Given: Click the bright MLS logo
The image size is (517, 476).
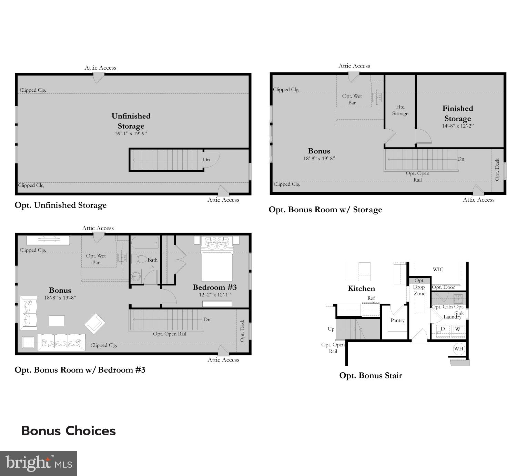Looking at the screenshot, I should [38, 463].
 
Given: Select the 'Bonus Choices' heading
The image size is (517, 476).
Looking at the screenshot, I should [68, 431].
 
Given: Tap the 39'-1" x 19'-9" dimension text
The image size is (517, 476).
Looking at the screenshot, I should [131, 133].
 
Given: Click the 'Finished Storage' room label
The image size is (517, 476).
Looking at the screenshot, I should [457, 113].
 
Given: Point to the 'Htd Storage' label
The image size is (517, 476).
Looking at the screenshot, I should [400, 110].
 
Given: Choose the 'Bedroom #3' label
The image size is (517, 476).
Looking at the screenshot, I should [214, 287].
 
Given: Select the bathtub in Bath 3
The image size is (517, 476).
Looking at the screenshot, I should [145, 243].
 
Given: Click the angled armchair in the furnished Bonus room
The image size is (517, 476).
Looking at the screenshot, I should [95, 323].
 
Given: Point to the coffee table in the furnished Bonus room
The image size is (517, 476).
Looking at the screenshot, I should [57, 321].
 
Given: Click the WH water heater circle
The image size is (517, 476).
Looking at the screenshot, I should [458, 348].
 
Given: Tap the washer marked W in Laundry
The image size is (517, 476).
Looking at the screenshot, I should [457, 329].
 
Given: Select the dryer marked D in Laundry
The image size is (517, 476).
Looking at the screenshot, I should [443, 329].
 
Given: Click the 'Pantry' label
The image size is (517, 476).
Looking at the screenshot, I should [397, 320].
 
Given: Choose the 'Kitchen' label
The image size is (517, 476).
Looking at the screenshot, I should [361, 288].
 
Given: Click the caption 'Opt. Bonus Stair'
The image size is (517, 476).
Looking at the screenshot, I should [371, 375].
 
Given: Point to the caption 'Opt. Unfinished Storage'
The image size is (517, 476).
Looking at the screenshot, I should [61, 205].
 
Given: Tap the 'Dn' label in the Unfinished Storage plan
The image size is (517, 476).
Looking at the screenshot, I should [206, 160].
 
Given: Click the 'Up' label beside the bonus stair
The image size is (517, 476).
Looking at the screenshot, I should [331, 329].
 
